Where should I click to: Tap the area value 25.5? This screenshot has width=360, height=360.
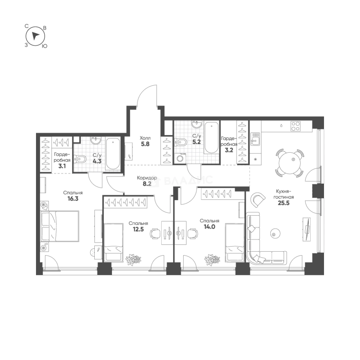tap(284, 203)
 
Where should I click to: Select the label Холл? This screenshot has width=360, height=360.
tap(145, 138)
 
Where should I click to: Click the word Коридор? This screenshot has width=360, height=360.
tap(147, 178)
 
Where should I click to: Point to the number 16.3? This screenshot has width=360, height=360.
tap(73, 199)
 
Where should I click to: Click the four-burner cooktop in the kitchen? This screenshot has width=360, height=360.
tap(295, 126)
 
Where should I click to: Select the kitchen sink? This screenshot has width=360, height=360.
tap(255, 139)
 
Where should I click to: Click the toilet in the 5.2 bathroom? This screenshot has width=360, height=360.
tap(181, 142)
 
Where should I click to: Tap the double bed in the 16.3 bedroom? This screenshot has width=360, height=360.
tap(60, 226)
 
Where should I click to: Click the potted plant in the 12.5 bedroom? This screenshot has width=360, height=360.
tap(133, 259)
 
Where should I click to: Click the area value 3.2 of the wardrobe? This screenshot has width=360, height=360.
tap(229, 150)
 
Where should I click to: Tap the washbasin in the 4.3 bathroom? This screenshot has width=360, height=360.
tap(96, 140)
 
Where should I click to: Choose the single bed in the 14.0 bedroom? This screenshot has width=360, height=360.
tap(235, 242)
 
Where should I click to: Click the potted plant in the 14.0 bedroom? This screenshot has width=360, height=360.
tap(212, 259)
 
